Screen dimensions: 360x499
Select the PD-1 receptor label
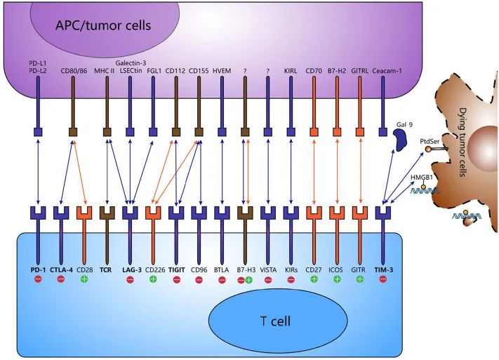pyautogui.click(x=38, y=269)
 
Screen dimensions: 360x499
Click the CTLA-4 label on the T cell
pyautogui.click(x=61, y=269)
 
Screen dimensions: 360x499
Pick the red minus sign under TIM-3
pyautogui.click(x=383, y=279)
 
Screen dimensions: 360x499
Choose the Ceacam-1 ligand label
pyautogui.click(x=383, y=71)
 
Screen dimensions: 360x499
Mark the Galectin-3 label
pyautogui.click(x=131, y=63)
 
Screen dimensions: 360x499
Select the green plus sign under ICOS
pyautogui.click(x=338, y=279)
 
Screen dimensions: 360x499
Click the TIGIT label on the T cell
pyautogui.click(x=177, y=269)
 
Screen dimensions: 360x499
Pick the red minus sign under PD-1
pyautogui.click(x=38, y=279)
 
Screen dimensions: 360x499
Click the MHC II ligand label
pyautogui.click(x=107, y=71)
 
